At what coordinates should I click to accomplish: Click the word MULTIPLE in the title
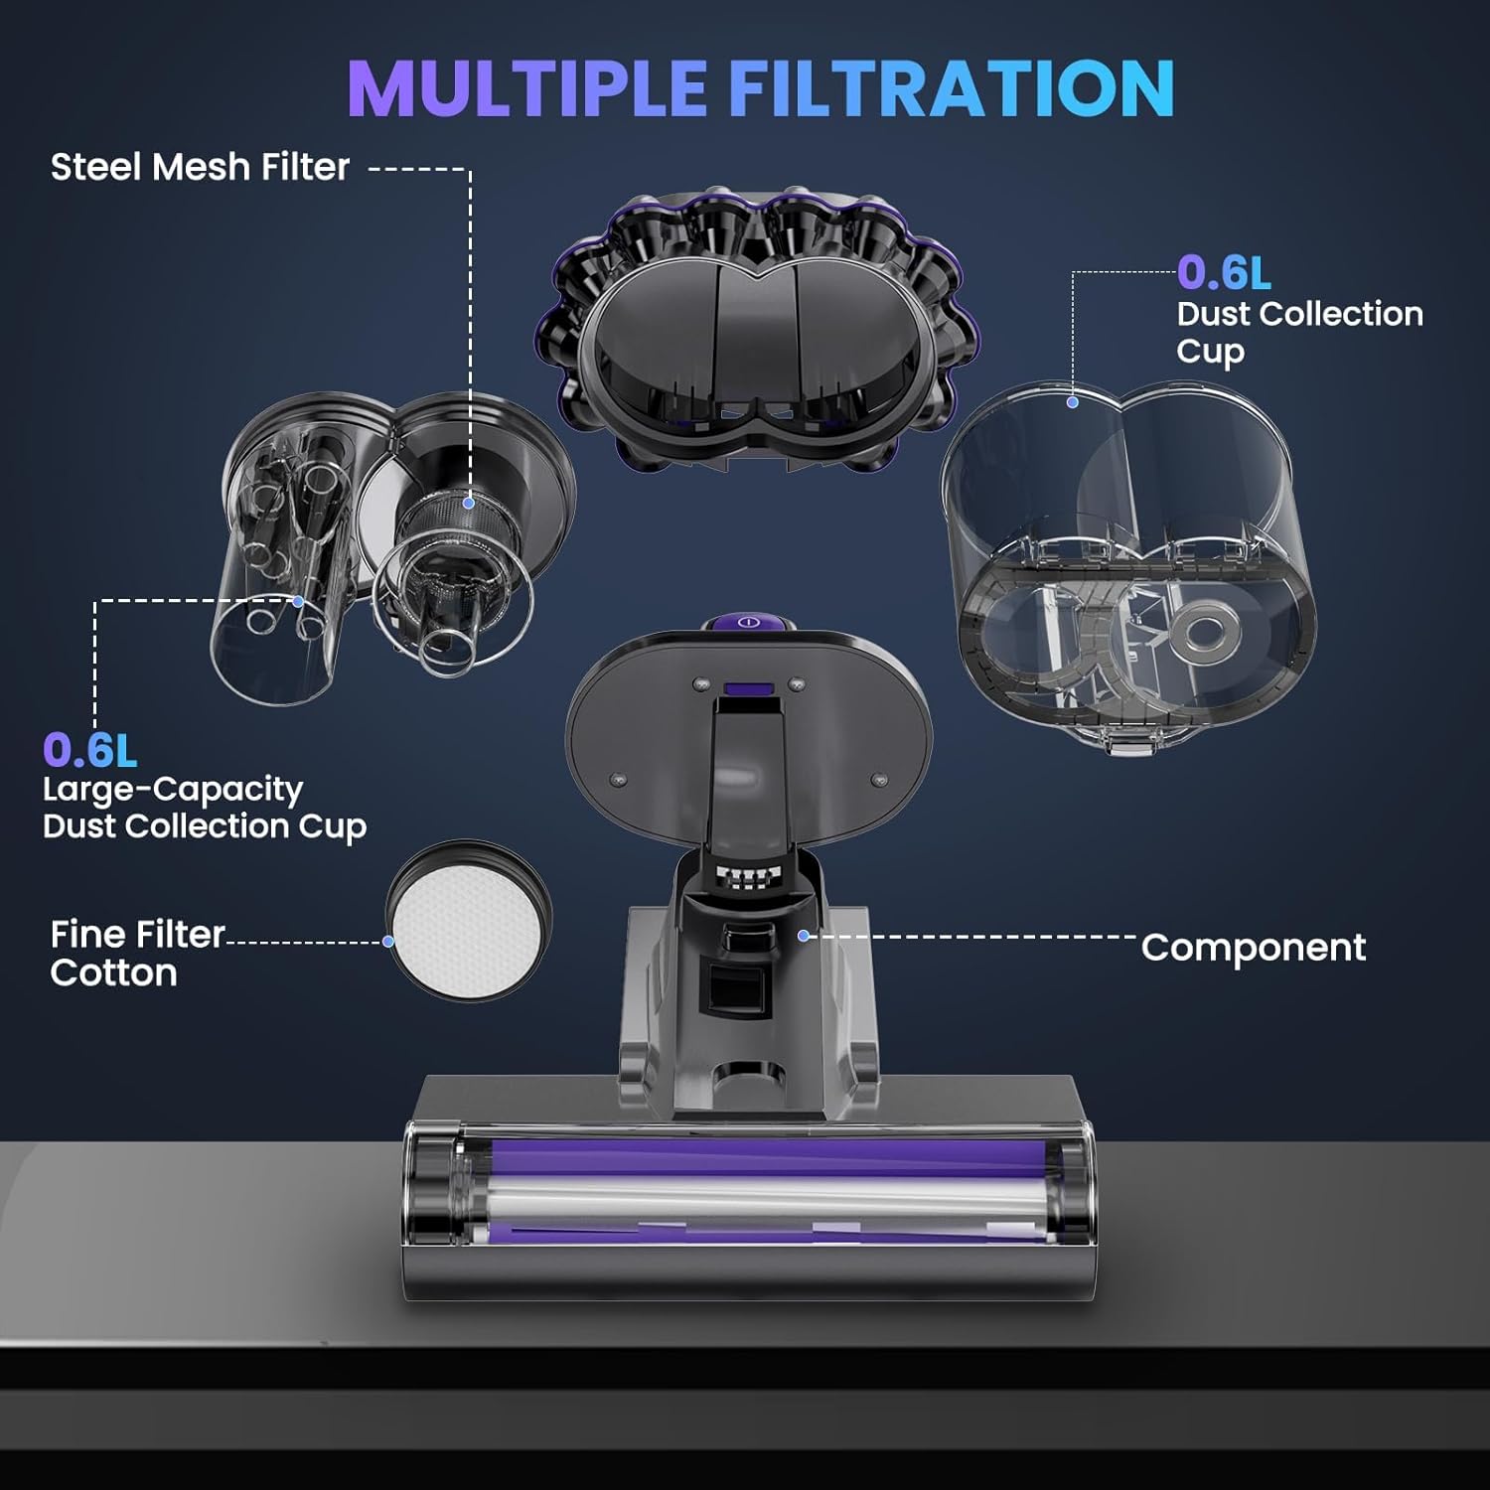[526, 89]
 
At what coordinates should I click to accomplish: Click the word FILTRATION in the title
[952, 89]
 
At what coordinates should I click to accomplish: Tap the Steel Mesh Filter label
[200, 167]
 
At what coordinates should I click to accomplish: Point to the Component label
[1253, 947]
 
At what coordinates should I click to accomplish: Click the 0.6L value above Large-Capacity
[89, 750]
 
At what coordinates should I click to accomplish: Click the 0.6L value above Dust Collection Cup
[1224, 272]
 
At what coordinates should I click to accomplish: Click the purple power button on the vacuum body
[750, 622]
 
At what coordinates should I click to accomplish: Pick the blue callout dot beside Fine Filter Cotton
[388, 941]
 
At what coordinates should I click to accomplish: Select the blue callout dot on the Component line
[804, 936]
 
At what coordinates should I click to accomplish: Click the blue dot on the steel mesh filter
[469, 504]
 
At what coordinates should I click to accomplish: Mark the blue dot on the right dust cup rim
[1073, 402]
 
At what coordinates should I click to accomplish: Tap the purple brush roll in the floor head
[755, 1157]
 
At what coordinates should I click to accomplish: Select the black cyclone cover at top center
[757, 328]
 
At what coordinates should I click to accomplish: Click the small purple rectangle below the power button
[749, 687]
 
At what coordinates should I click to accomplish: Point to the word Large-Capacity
[172, 790]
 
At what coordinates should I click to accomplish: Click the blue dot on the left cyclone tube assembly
[298, 601]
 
